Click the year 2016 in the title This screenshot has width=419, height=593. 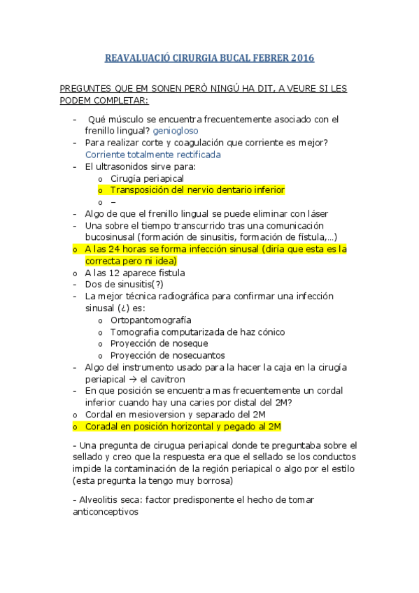301,58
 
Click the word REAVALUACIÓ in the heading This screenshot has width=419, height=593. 138,58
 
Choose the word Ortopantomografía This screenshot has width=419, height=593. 150,320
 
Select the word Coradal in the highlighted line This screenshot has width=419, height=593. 102,427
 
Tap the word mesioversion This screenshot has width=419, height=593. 155,415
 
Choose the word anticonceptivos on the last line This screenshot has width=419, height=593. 106,512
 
